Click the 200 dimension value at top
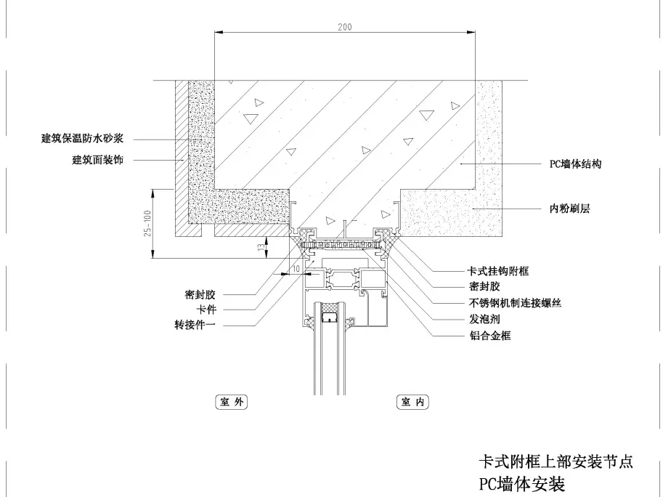(344, 27)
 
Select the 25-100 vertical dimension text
(148, 223)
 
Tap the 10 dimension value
(295, 269)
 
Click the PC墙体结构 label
(575, 164)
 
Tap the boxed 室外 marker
(230, 401)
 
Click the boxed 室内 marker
(412, 401)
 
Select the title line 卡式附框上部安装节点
(556, 461)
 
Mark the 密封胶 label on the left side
(200, 295)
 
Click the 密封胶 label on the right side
(485, 287)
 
